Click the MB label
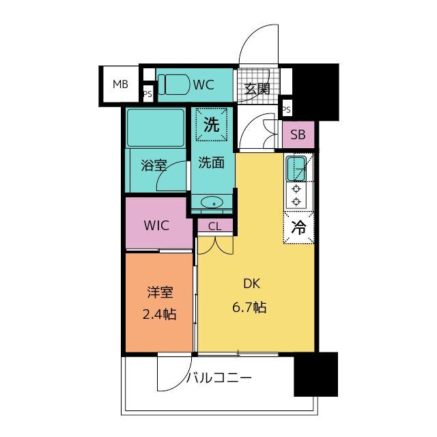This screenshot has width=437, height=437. pyautogui.click(x=120, y=84)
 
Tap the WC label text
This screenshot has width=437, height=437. pyautogui.click(x=203, y=85)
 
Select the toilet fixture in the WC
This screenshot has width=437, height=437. pyautogui.click(x=173, y=85)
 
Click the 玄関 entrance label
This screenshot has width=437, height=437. pyautogui.click(x=257, y=89)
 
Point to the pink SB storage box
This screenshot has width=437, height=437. pyautogui.click(x=298, y=135)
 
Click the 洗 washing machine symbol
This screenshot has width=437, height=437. pyautogui.click(x=212, y=124)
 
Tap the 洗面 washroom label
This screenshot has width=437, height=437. pyautogui.click(x=212, y=163)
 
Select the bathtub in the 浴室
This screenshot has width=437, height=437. pyautogui.click(x=156, y=128)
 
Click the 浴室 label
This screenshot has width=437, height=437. pyautogui.click(x=154, y=165)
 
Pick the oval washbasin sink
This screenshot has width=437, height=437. pyautogui.click(x=212, y=202)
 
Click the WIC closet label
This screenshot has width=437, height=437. pyautogui.click(x=156, y=225)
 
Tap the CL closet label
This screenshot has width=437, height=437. pyautogui.click(x=215, y=227)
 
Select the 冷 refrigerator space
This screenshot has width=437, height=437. pyautogui.click(x=299, y=227)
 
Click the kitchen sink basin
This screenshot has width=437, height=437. pyautogui.click(x=296, y=169)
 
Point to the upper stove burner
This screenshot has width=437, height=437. pyautogui.click(x=296, y=189)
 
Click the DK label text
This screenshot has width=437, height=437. pyautogui.click(x=252, y=284)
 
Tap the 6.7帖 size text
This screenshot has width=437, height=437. pyautogui.click(x=249, y=307)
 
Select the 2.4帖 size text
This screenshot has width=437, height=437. pyautogui.click(x=159, y=314)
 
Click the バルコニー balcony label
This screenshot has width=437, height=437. pyautogui.click(x=219, y=378)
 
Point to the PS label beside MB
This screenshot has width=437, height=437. pyautogui.click(x=147, y=94)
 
